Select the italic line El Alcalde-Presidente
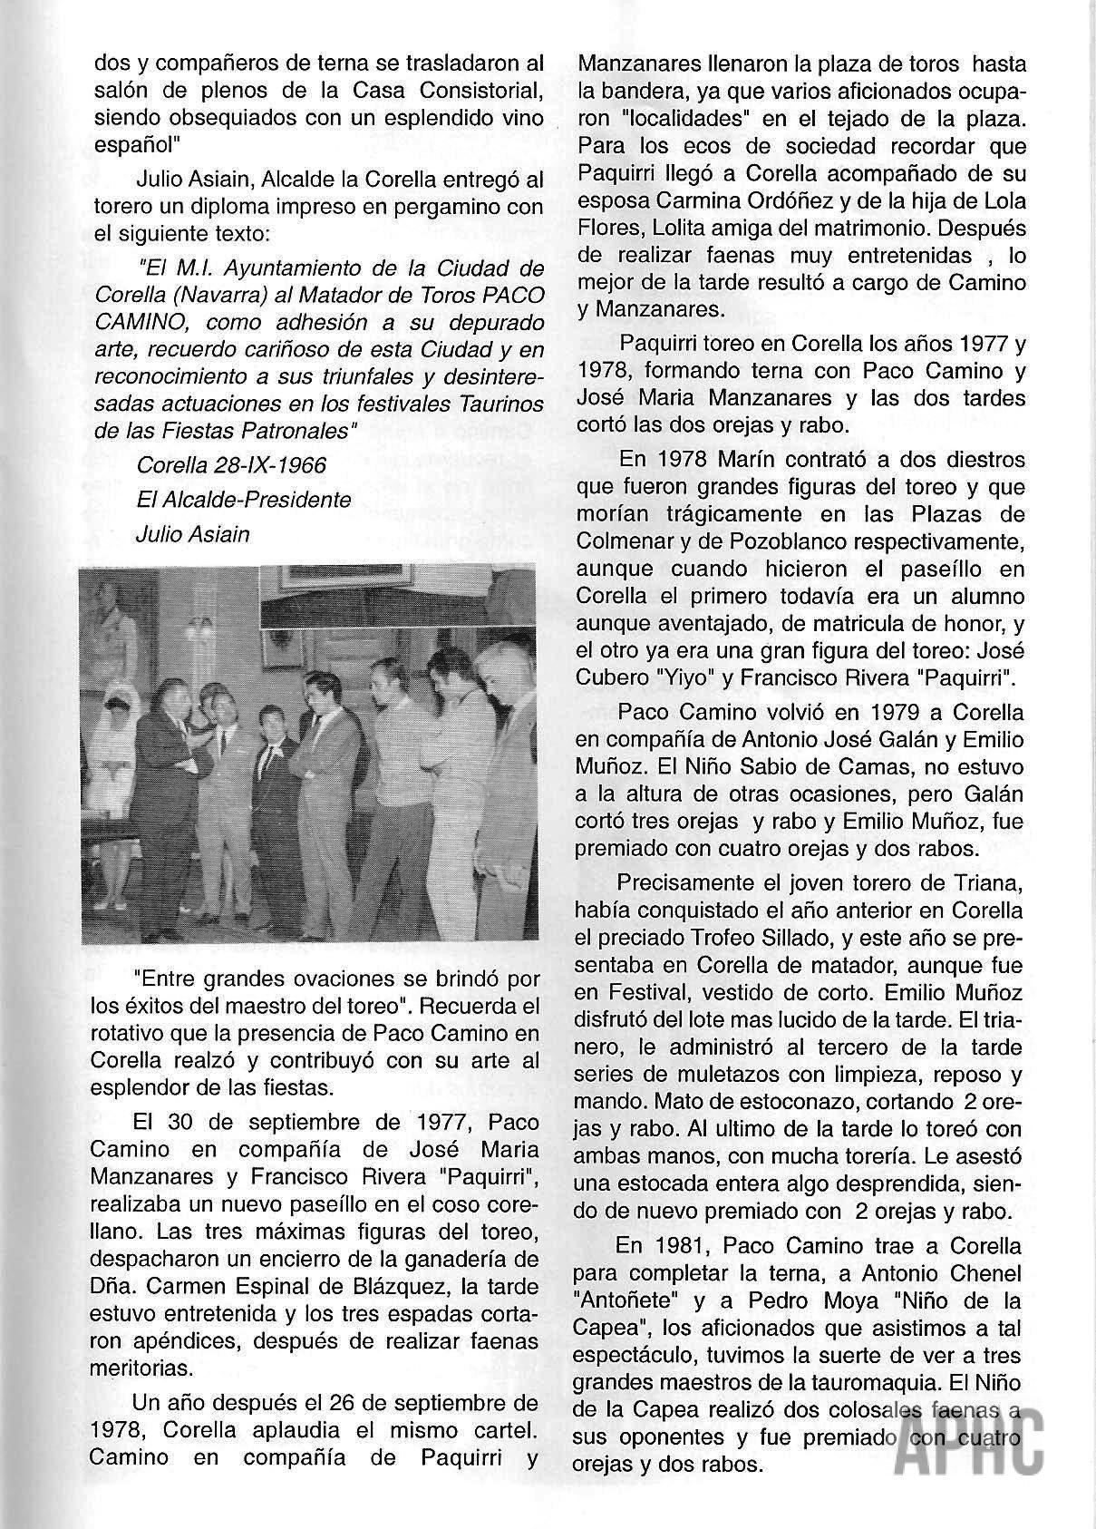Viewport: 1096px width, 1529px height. click(x=243, y=500)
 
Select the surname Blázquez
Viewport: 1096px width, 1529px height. click(x=398, y=1288)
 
